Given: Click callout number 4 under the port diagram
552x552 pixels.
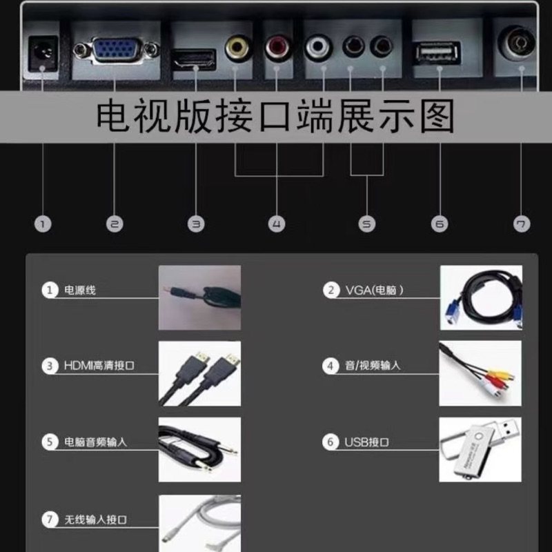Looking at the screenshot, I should click(276, 224).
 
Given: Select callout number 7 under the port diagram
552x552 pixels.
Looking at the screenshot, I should click(522, 224).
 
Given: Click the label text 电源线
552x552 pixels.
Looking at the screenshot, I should click(80, 290).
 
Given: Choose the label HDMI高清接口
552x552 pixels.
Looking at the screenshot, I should click(99, 366).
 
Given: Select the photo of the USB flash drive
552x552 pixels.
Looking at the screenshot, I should click(480, 449).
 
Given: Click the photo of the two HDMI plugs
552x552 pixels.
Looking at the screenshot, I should click(199, 373).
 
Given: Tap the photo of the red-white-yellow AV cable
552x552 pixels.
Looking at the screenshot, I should click(480, 373).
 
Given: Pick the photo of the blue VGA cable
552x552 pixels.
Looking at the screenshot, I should click(480, 297).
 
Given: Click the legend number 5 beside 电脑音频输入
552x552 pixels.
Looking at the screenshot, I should click(49, 442).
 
